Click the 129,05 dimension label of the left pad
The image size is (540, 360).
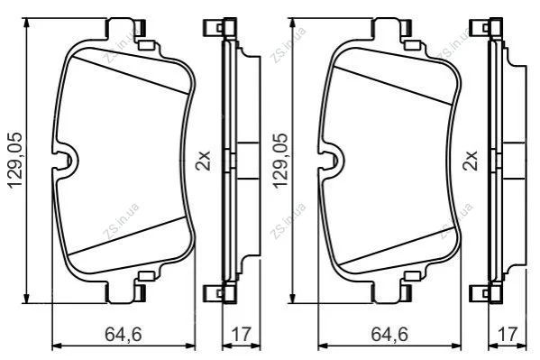[15, 160]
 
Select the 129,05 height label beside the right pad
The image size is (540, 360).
[280, 160]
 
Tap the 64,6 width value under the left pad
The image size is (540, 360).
[124, 334]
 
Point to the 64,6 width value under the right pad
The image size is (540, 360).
[389, 334]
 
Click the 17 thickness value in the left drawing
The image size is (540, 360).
[242, 334]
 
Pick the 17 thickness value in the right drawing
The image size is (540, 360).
[508, 334]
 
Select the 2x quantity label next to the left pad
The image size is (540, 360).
[203, 161]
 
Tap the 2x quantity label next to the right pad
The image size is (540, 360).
[471, 161]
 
